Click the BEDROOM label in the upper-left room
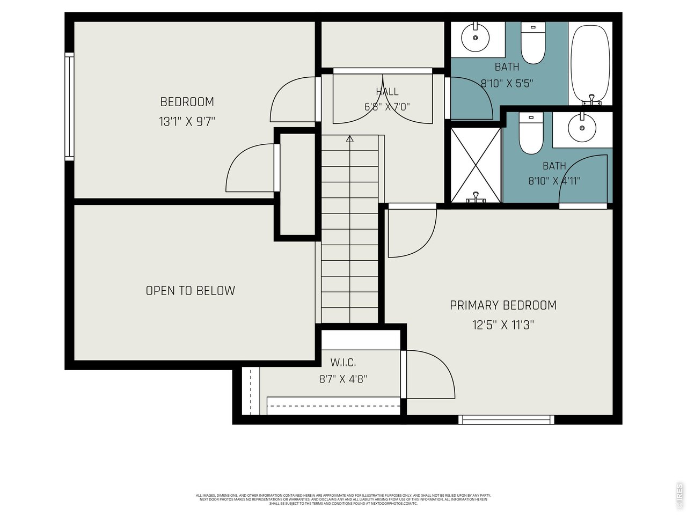pos(187,101)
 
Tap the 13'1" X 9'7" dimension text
pos(187,122)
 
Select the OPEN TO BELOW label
pos(191,291)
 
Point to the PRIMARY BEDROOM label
pos(503,305)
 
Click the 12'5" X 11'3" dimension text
pos(503,325)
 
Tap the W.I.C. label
pos(343,363)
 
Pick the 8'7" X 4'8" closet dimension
pos(343,379)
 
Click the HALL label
pos(387,92)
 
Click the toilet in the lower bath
pos(531,134)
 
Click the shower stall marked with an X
pos(475,164)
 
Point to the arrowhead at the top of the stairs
pos(350,139)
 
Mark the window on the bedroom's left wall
pos(69,106)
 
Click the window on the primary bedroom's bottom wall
pos(507,420)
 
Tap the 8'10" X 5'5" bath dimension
pos(507,84)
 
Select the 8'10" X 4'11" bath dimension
pos(554,181)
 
